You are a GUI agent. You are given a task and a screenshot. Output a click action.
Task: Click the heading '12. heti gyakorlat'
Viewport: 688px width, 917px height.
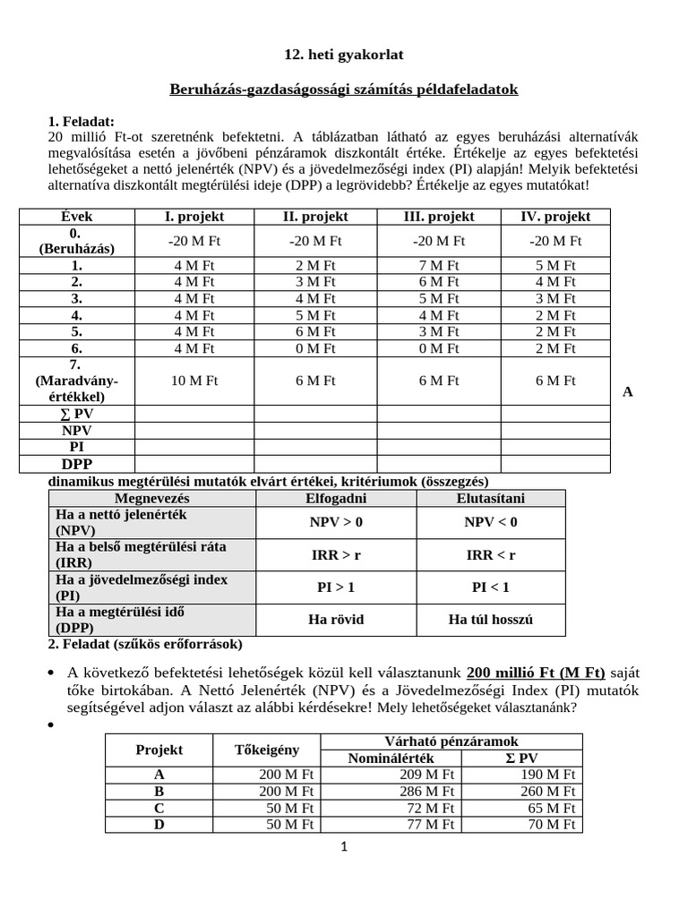pos(343,55)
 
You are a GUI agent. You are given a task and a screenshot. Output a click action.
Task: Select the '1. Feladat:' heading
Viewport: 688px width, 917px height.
pos(81,122)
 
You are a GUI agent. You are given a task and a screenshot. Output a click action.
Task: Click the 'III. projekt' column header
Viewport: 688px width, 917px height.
pos(439,217)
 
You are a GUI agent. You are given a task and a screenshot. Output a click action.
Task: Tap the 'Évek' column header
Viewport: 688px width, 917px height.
pos(77,217)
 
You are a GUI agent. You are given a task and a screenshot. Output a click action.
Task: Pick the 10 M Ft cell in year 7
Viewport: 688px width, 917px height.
pos(194,381)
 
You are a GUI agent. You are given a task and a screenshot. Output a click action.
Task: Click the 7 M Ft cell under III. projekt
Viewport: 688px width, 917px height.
pos(439,265)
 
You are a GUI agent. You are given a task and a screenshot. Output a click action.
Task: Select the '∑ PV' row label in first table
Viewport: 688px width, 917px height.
pos(77,414)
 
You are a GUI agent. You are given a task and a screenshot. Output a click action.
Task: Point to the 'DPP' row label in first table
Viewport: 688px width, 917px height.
pos(77,464)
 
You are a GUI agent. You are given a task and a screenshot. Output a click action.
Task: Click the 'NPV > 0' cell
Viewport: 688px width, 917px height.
pos(337,522)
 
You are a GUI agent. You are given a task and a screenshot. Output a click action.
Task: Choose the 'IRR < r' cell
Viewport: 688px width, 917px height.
pos(491,555)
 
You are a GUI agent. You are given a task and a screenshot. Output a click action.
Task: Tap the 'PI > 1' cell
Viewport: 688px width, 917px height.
pos(337,587)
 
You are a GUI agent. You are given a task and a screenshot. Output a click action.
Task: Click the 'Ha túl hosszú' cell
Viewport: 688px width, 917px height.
pos(491,620)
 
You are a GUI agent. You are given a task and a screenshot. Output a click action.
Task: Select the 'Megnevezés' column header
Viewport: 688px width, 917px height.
pos(152,498)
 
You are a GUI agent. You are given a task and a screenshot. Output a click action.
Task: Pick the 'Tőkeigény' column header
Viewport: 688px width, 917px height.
pos(267,750)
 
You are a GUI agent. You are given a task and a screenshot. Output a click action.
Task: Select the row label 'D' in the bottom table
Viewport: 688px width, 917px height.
pos(159,824)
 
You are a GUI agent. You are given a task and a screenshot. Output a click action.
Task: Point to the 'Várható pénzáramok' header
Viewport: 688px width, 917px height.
pos(451,741)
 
